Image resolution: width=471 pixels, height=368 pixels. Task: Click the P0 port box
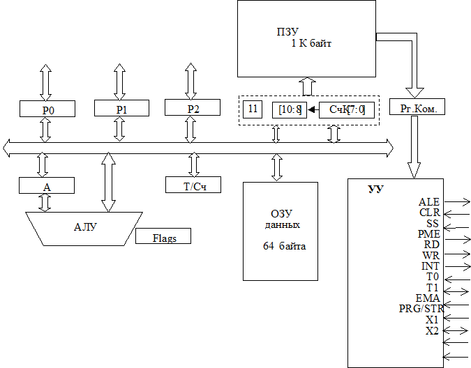(47, 109)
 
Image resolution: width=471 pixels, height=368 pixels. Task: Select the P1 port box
(121, 109)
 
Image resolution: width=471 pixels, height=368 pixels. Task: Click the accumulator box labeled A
(47, 186)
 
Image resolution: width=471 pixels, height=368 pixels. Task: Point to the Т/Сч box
(193, 185)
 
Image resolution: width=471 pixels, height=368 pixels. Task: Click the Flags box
(164, 237)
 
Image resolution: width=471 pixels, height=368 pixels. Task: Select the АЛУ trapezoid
(84, 228)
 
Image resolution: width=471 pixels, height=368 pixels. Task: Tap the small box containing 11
(253, 109)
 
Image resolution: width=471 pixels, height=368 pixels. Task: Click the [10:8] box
(289, 109)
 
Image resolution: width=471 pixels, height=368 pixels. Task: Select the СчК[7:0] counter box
(347, 109)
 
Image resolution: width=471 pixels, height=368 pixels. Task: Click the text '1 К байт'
(311, 43)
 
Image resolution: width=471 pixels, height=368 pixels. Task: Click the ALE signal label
(428, 202)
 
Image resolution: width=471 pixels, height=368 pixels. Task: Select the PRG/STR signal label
(421, 309)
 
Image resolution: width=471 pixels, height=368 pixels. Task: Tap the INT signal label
(431, 266)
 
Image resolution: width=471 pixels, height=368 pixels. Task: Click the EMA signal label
(427, 298)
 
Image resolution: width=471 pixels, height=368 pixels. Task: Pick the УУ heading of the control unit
(375, 190)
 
